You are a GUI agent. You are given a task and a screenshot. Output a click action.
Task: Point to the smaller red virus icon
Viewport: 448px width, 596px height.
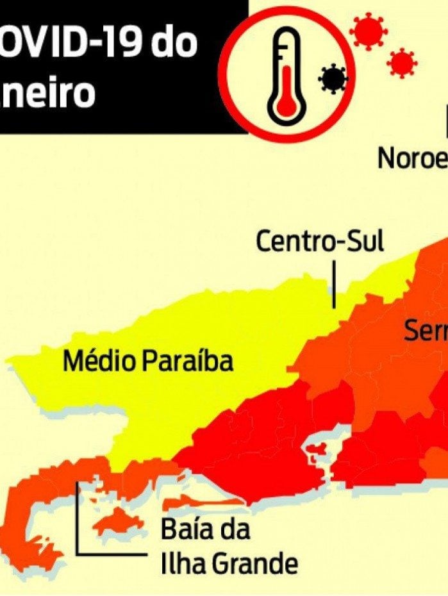point(402,63)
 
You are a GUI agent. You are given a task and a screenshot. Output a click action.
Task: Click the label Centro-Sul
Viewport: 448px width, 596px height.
point(320,242)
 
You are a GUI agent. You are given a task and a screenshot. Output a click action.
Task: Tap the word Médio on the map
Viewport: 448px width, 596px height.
point(99,361)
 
